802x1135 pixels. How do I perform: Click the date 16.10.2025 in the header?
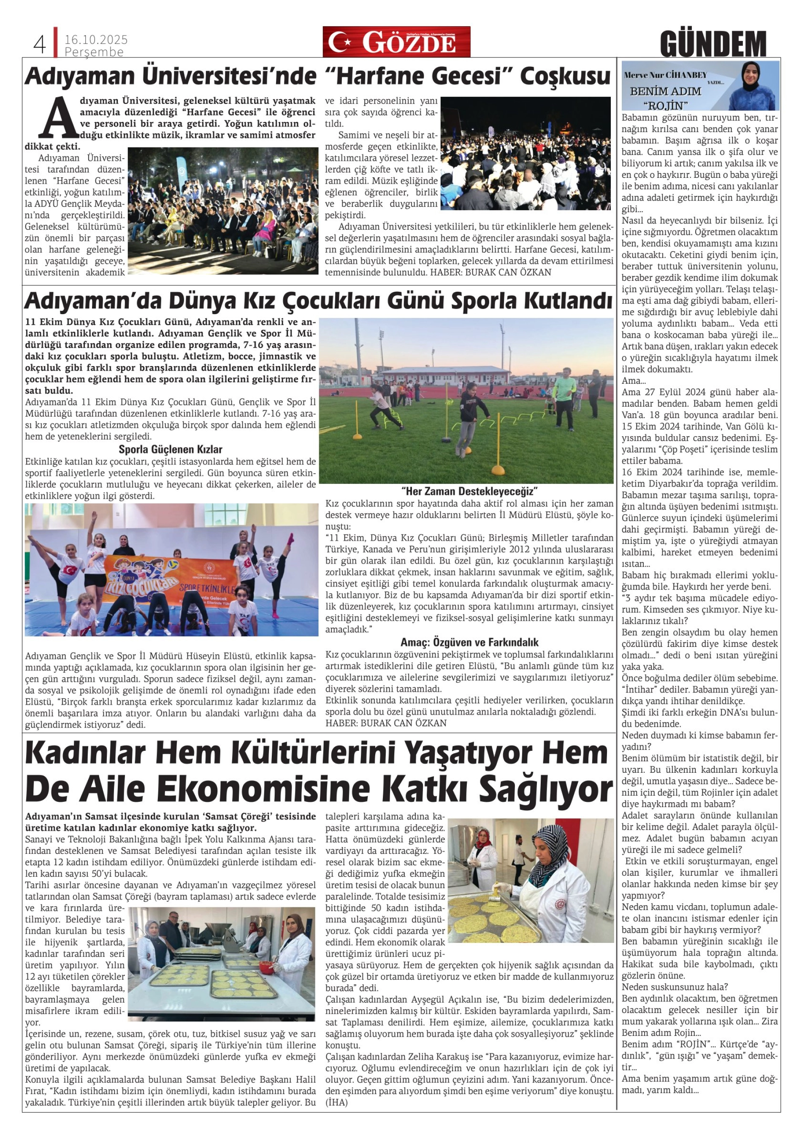(96, 40)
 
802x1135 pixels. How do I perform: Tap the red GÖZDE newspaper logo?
(396, 42)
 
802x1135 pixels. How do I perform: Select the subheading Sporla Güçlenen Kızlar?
(171, 449)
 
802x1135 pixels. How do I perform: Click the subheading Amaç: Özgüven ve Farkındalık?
(469, 642)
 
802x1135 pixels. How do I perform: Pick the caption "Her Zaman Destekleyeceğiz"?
(469, 491)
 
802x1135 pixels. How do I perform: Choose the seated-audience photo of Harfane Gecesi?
(223, 211)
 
